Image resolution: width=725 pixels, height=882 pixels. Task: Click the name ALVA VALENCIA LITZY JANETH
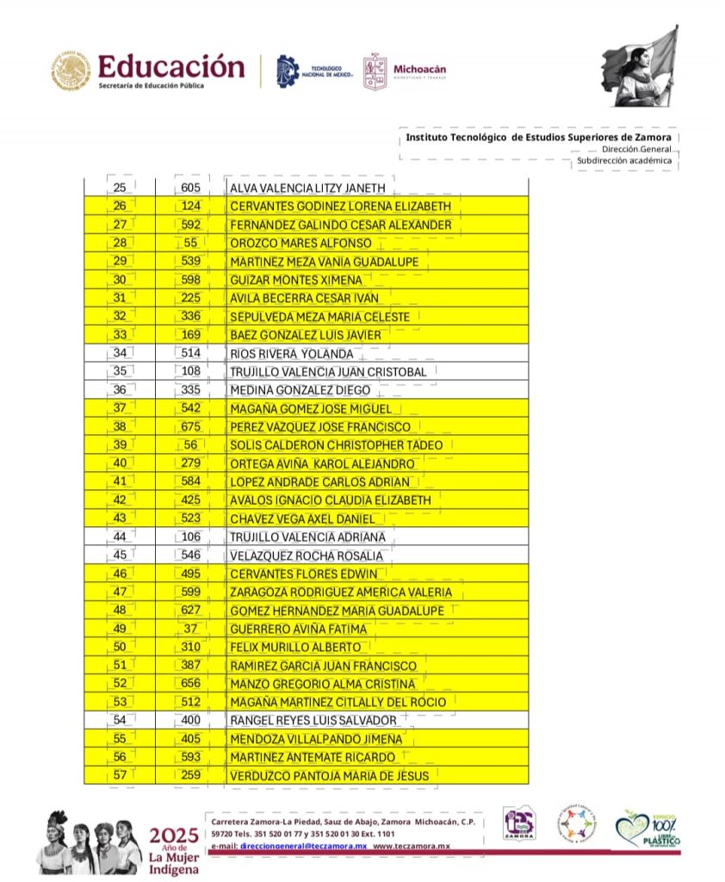(x=307, y=189)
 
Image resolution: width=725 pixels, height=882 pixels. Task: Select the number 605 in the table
(x=191, y=188)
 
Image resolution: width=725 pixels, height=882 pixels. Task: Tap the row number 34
(x=120, y=353)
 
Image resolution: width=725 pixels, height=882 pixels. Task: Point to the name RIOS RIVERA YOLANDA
(x=291, y=354)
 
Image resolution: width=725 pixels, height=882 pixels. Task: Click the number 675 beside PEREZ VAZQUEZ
(x=191, y=426)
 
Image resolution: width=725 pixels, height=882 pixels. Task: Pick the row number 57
(x=120, y=776)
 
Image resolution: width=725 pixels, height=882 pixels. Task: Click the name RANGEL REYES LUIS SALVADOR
(x=313, y=720)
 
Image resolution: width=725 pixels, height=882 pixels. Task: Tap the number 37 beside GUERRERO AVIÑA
(x=191, y=629)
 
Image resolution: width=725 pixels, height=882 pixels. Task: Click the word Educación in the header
(x=170, y=66)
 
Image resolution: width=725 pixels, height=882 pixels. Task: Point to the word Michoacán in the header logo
(x=419, y=69)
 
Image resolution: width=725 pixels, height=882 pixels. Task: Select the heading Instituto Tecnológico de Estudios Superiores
(x=538, y=137)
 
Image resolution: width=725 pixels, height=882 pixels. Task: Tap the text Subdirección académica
(x=624, y=160)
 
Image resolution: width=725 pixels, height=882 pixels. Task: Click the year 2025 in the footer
(x=174, y=835)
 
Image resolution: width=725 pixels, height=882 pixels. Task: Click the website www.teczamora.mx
(x=412, y=847)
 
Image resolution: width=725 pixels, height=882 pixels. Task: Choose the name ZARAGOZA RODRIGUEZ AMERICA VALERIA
(x=341, y=592)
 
